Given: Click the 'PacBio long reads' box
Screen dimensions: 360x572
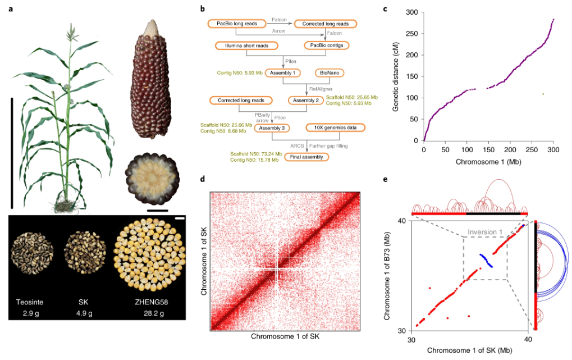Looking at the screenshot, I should click(237, 24).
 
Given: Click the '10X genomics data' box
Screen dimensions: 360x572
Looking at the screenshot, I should click(335, 128).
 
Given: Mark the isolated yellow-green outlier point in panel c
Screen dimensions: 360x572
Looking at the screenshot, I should click(543, 94).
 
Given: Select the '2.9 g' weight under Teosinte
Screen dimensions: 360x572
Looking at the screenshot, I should click(31, 315).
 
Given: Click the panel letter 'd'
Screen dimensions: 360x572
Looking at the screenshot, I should click(203, 180).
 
